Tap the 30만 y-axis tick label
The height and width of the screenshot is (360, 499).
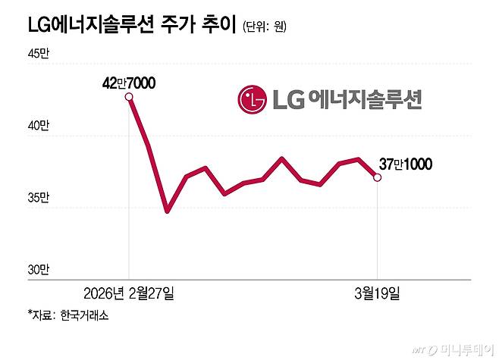point(38,269)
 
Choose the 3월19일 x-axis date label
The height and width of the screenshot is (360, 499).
point(377,293)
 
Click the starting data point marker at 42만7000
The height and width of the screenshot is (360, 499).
point(130,96)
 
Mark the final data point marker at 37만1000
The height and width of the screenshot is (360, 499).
point(378,177)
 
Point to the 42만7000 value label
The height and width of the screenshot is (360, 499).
point(129,82)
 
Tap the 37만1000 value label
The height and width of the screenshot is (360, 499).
point(406,163)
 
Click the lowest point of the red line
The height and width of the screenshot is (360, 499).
point(167,210)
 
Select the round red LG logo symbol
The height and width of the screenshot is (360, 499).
point(253,99)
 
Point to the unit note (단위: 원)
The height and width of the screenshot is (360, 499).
point(265,27)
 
